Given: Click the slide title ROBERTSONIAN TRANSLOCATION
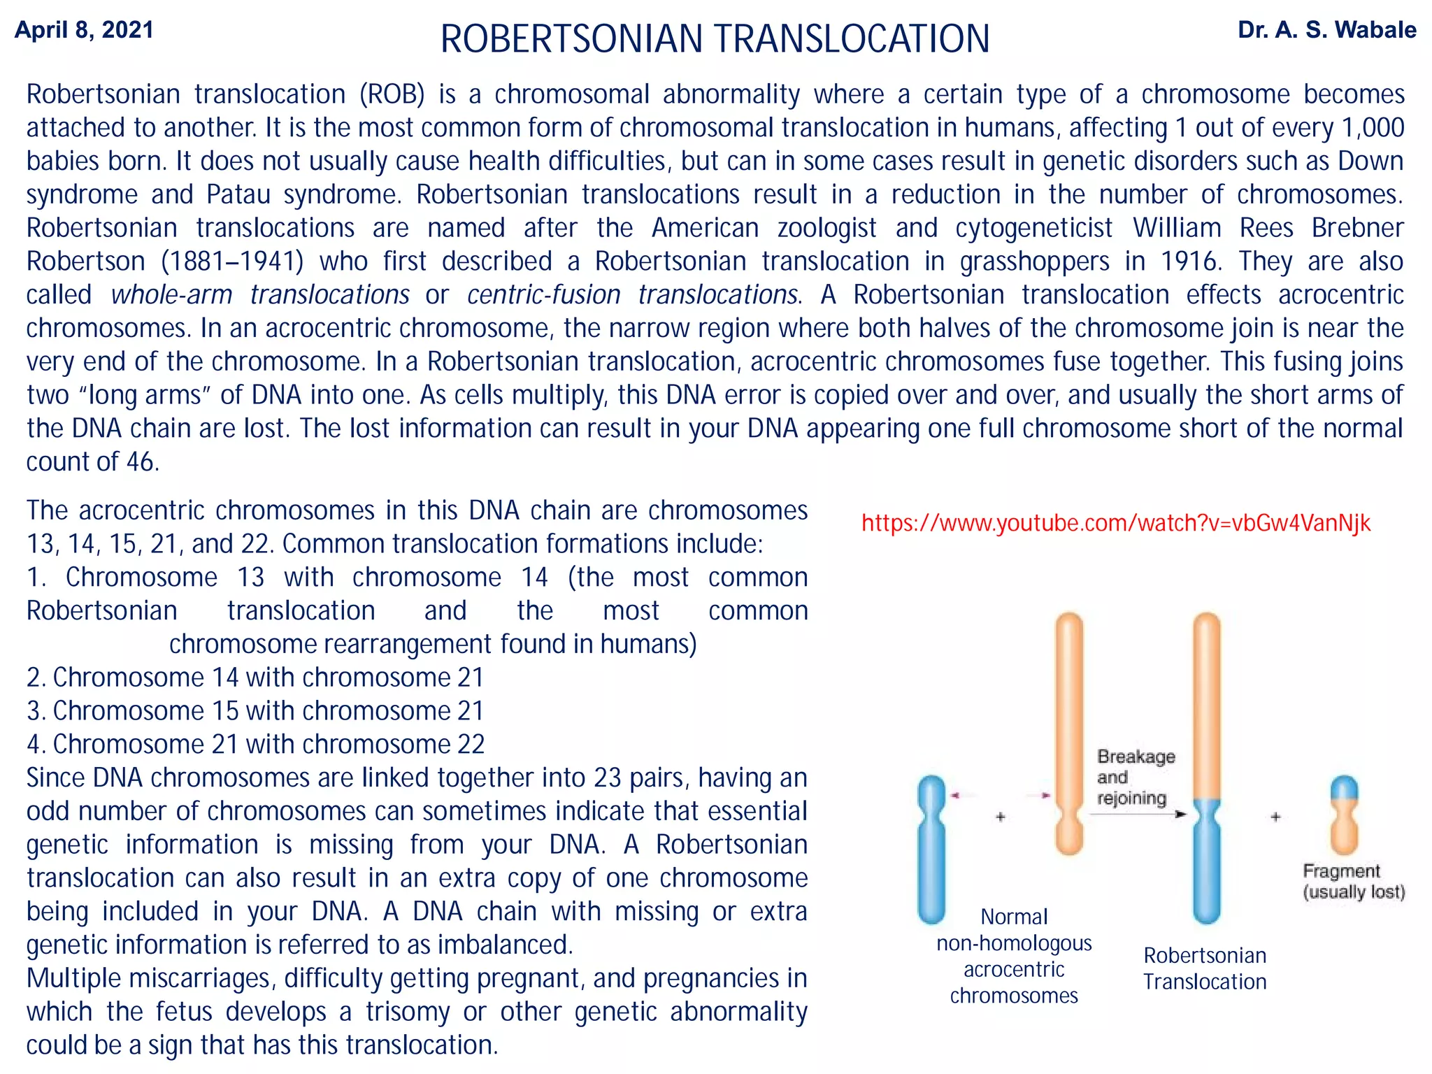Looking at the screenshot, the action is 715,38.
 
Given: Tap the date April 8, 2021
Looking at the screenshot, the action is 84,30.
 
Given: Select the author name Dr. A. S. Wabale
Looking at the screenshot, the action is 1326,30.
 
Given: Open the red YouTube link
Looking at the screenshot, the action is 1115,523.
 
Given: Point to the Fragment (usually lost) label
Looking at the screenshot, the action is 1353,881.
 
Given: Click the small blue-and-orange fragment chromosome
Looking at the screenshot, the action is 1343,815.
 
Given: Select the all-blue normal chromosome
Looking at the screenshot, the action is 931,850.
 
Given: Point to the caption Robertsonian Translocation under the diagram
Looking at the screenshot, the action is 1204,968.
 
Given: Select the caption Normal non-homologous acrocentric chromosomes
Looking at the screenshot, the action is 1014,956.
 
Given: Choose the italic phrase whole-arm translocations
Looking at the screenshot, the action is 260,295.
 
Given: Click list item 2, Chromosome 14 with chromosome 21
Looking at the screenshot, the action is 255,678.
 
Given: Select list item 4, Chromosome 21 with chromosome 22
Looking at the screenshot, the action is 255,745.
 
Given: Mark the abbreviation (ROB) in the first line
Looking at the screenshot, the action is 392,94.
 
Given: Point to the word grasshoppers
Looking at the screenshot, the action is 1034,262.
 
